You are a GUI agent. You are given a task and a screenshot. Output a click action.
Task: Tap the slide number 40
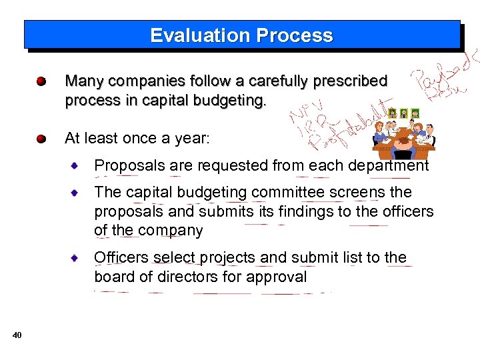click(17, 335)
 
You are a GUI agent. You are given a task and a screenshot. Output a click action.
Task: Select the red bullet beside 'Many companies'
click(41, 82)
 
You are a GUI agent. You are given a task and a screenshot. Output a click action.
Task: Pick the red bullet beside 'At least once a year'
click(41, 139)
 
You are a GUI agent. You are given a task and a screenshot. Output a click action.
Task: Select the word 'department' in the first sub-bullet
click(388, 165)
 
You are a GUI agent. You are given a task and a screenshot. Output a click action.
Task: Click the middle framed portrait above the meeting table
click(403, 113)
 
